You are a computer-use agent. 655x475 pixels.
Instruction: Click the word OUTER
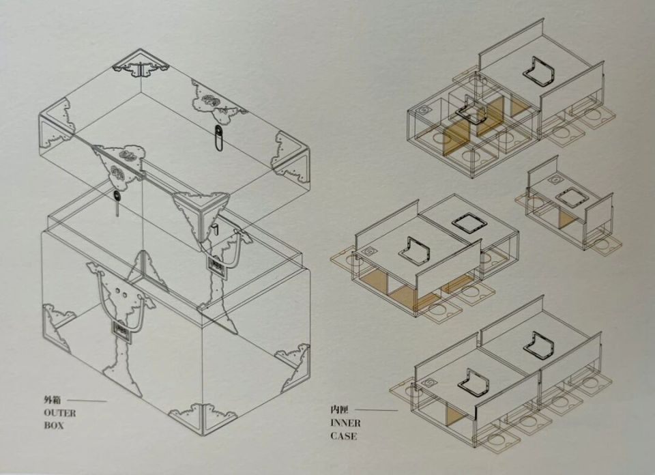pyautogui.click(x=60, y=413)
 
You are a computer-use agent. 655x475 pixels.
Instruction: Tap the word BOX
pyautogui.click(x=53, y=426)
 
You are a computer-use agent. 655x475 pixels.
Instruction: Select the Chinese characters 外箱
pyautogui.click(x=53, y=400)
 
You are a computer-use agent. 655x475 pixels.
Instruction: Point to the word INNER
pyautogui.click(x=345, y=422)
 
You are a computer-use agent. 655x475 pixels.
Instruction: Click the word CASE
pyautogui.click(x=344, y=436)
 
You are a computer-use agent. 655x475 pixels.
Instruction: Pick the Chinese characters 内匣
pyautogui.click(x=339, y=410)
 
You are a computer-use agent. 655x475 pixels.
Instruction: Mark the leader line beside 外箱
pyautogui.click(x=87, y=401)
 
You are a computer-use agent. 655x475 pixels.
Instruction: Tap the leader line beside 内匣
pyautogui.click(x=377, y=410)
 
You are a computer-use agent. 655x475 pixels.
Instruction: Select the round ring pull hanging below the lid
pyautogui.click(x=116, y=195)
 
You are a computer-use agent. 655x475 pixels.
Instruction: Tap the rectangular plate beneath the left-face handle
pyautogui.click(x=121, y=328)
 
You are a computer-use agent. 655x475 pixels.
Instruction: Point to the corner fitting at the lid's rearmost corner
pyautogui.click(x=141, y=67)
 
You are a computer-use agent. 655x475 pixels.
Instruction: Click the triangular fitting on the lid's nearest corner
pyautogui.click(x=201, y=214)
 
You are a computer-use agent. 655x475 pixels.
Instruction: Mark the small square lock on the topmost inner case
pyautogui.click(x=424, y=111)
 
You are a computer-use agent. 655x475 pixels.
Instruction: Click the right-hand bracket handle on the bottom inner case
pyautogui.click(x=539, y=345)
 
